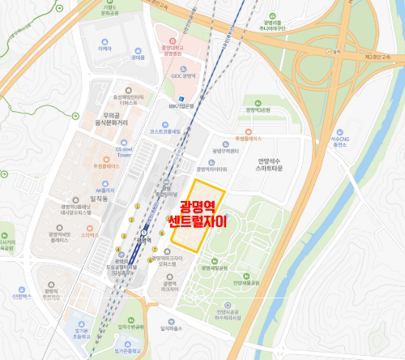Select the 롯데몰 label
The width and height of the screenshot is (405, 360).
point(138,58)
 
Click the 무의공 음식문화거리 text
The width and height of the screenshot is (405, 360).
point(101,122)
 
